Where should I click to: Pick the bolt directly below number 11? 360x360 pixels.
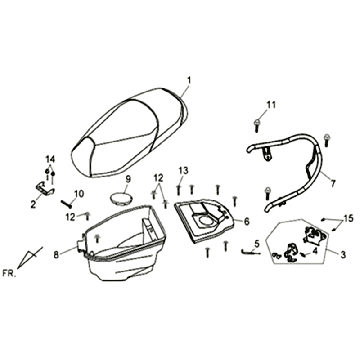tap(259, 123)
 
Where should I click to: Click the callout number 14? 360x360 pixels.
tap(49, 160)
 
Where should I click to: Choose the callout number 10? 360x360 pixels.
tap(80, 193)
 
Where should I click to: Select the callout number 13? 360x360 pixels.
tap(183, 171)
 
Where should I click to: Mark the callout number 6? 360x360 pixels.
tap(246, 220)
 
